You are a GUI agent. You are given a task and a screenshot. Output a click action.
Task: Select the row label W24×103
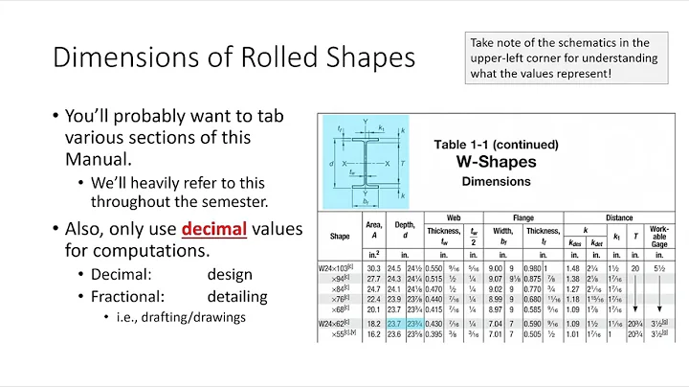342,268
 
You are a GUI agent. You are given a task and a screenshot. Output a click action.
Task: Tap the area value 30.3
373,268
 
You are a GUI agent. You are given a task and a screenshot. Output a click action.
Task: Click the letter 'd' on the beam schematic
332,165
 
